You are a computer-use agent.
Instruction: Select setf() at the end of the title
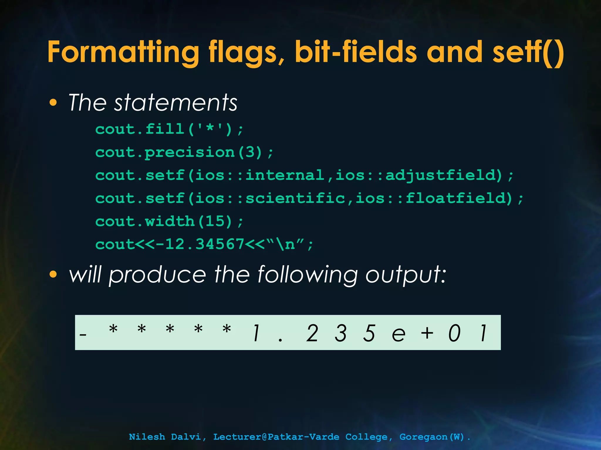528,52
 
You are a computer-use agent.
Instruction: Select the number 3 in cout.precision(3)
250,152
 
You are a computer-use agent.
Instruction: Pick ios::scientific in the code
270,198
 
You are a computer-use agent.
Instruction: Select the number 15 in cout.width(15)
215,221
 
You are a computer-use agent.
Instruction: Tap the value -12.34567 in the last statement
200,244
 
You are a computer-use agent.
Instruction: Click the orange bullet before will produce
53,275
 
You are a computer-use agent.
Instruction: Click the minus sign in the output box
83,334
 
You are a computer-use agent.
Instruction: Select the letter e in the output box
399,334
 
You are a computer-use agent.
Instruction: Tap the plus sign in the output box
427,333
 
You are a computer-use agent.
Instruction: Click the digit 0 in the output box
455,333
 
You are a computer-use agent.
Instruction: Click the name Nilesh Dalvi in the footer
165,437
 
